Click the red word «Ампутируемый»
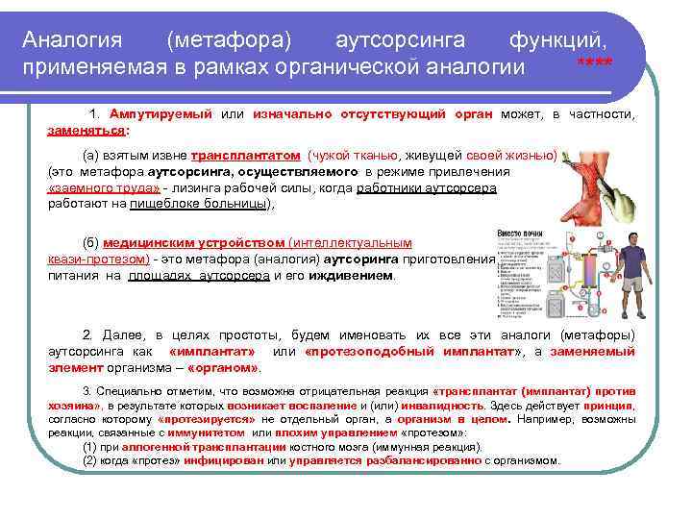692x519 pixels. (161, 114)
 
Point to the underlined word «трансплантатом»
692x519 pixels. (245, 155)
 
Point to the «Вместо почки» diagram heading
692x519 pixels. (520, 234)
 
